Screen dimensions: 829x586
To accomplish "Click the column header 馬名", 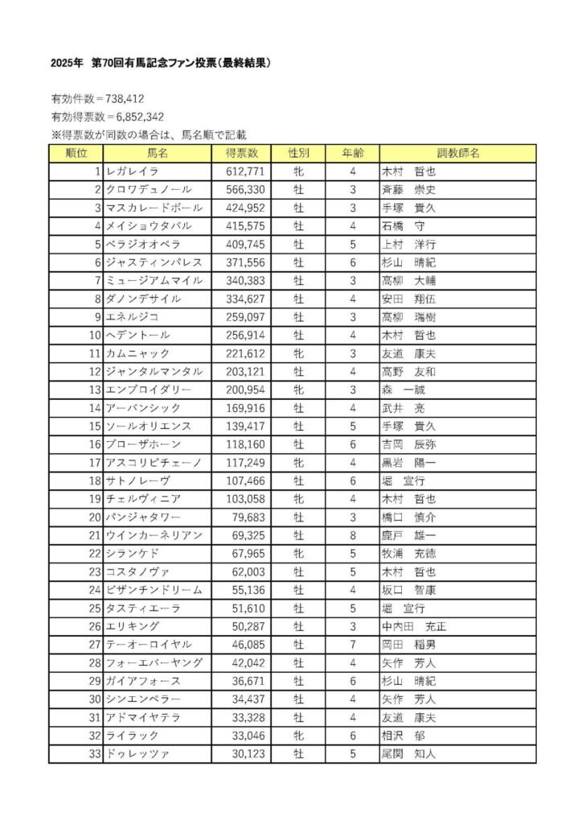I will (157, 153).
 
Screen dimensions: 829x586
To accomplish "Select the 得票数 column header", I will (241, 153).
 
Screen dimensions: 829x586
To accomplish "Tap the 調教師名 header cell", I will (457, 153).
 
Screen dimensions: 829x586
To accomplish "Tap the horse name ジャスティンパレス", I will (154, 262).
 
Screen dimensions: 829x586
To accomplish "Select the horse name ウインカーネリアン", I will (154, 535).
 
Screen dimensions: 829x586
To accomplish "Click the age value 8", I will (352, 535).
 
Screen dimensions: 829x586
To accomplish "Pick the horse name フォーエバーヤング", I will (154, 663).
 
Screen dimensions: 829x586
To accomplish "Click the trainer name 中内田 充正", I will (413, 626).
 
